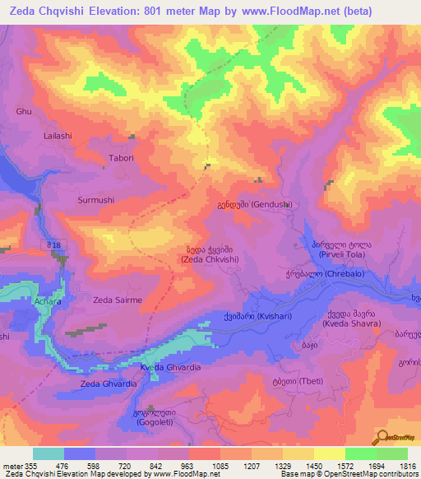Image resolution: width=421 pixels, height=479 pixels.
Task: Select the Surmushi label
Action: tap(96, 200)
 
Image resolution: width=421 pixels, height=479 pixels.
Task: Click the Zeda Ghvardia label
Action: tap(109, 384)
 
